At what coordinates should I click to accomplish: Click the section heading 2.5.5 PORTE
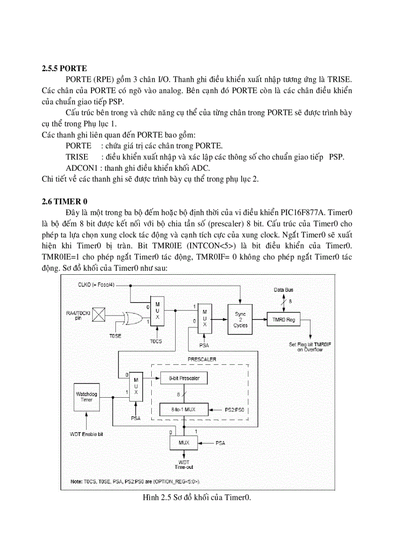click(x=64, y=69)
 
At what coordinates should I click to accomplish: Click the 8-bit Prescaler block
click(x=183, y=378)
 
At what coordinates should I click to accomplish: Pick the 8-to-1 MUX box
click(x=183, y=410)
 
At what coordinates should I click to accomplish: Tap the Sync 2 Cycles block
click(x=240, y=320)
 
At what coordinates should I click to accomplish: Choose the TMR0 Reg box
click(x=284, y=319)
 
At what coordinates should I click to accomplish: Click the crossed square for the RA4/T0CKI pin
click(x=100, y=315)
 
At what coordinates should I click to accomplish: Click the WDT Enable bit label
click(x=87, y=434)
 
